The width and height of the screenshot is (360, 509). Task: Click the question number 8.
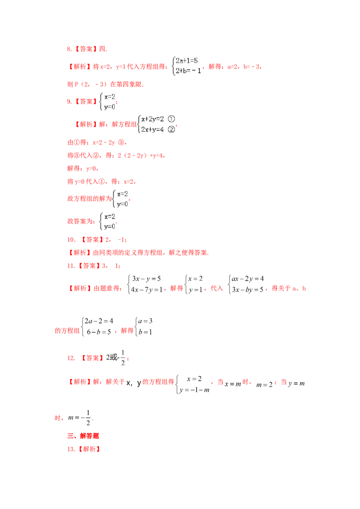click(69, 49)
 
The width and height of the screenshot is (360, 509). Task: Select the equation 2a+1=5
click(186, 60)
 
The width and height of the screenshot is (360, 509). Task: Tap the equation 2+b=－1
click(188, 71)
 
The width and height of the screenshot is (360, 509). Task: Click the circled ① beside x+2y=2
click(171, 119)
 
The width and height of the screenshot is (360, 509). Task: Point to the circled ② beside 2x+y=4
click(171, 129)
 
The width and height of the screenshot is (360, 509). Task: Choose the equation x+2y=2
click(153, 119)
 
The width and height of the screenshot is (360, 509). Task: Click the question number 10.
click(71, 240)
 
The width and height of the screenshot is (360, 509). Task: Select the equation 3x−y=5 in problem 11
click(146, 278)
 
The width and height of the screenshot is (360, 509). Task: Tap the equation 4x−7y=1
click(147, 290)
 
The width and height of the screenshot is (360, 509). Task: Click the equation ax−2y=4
click(247, 278)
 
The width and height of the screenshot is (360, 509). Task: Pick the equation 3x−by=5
click(247, 290)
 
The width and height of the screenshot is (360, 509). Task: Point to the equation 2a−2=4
click(99, 321)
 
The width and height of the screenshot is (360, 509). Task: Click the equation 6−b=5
click(99, 332)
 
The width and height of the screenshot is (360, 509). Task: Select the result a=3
click(145, 321)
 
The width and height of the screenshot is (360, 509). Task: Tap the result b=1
click(145, 332)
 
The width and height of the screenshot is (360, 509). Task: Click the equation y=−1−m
click(194, 390)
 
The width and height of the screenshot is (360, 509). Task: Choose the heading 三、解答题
click(83, 436)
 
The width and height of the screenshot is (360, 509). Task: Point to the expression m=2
click(265, 384)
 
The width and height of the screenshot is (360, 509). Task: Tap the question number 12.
click(71, 358)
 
